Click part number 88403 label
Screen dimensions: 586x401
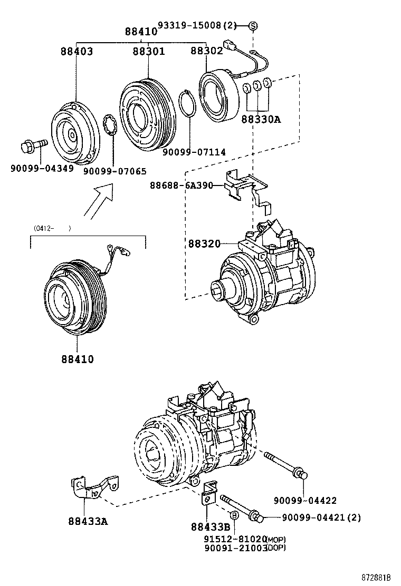(77, 51)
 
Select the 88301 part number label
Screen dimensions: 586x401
(148, 51)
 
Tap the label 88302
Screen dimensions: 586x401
(206, 51)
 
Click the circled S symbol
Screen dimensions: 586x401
(253, 25)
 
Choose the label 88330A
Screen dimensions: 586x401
(261, 120)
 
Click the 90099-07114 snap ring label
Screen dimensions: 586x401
(194, 152)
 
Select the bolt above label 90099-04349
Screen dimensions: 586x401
(33, 145)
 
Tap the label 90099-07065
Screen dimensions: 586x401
(115, 171)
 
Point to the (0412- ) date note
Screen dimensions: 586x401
(52, 228)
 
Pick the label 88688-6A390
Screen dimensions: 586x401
(181, 185)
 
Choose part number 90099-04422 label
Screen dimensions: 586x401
(304, 500)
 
